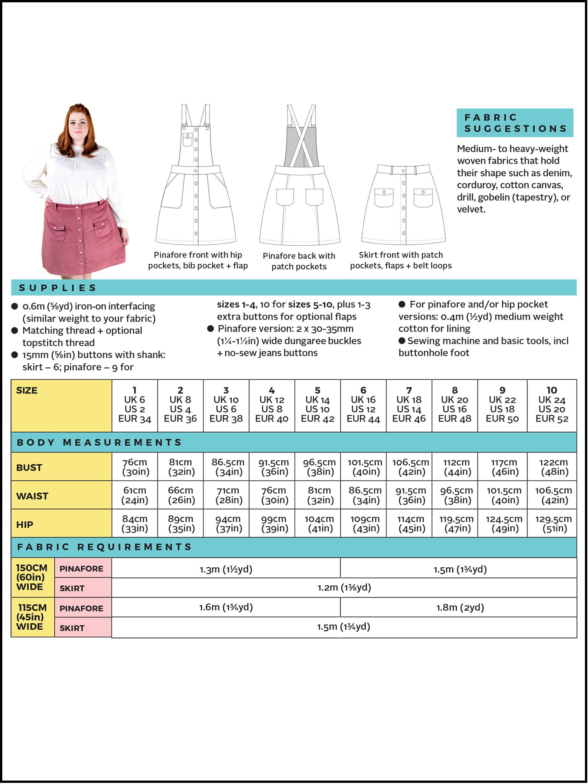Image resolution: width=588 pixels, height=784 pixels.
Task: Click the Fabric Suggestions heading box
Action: (x=515, y=123)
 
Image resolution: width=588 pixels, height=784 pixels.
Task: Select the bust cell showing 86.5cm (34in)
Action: (x=228, y=467)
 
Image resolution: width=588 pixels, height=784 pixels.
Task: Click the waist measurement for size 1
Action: (x=135, y=495)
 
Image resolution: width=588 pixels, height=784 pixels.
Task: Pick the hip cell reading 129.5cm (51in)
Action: (x=553, y=524)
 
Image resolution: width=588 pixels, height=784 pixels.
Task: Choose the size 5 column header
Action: (x=318, y=405)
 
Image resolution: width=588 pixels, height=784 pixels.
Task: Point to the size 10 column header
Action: (x=552, y=405)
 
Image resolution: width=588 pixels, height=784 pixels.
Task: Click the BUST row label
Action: (x=29, y=468)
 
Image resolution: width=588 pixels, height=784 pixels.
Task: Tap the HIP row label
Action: (x=24, y=525)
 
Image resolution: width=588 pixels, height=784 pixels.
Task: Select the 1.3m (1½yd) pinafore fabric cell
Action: (x=226, y=569)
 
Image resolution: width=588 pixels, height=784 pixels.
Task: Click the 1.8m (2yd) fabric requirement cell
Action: (x=460, y=608)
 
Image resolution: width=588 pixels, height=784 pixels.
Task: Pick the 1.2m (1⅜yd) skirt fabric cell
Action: (x=344, y=588)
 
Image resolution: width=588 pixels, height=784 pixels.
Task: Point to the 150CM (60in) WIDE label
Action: (x=31, y=577)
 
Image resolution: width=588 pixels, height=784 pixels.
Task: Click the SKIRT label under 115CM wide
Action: (x=72, y=628)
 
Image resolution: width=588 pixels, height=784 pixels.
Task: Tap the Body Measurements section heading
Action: (x=99, y=443)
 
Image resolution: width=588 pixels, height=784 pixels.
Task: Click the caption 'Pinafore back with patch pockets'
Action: (x=299, y=261)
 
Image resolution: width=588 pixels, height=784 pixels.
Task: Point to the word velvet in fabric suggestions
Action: (x=471, y=209)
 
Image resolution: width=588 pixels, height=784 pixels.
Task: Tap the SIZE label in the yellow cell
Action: (x=27, y=390)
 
